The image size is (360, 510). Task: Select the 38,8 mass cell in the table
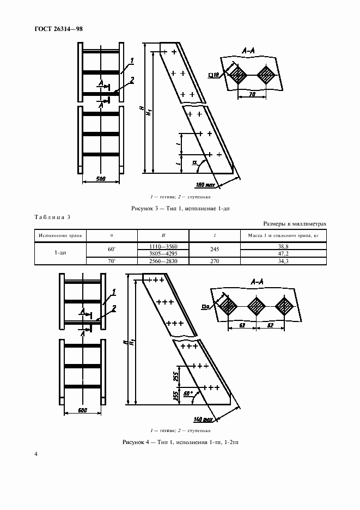coord(283,246)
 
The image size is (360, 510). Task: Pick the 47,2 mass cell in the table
coord(283,253)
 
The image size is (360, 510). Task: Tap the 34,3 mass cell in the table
coord(283,261)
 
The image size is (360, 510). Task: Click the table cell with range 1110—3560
coord(163,246)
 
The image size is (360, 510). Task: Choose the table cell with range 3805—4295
coord(163,253)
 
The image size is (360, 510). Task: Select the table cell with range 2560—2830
coord(163,261)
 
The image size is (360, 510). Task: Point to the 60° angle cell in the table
coord(112,250)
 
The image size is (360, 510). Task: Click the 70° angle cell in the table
coord(112,261)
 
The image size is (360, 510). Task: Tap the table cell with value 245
coord(214,250)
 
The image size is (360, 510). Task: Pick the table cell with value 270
coord(214,261)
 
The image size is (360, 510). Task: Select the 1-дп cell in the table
coord(61,253)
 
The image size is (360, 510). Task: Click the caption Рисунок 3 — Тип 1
coord(180,209)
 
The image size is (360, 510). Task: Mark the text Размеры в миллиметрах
coord(295,223)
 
